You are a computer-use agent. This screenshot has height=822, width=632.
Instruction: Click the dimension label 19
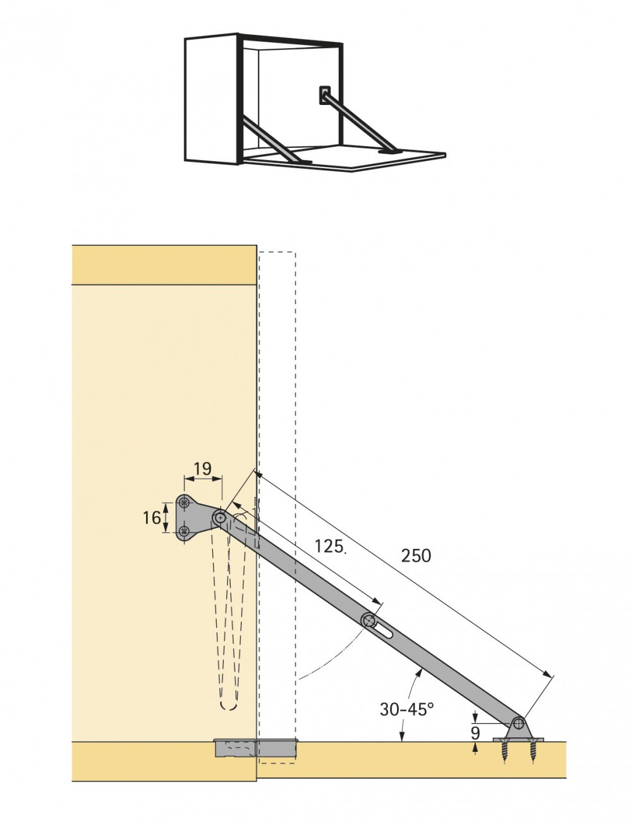click(x=202, y=469)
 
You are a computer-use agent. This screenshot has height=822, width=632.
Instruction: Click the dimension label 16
click(x=152, y=518)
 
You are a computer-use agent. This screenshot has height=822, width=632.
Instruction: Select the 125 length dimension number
click(x=329, y=546)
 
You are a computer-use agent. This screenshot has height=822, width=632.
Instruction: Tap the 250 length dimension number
click(x=416, y=556)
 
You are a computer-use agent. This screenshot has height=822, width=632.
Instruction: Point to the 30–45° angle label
click(x=406, y=709)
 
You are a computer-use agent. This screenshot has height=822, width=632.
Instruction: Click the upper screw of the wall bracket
click(x=185, y=503)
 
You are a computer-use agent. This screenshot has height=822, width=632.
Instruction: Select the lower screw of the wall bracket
click(x=185, y=531)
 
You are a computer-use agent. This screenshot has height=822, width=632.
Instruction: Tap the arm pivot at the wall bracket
click(x=220, y=518)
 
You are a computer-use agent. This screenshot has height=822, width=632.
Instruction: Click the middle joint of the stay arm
click(x=368, y=620)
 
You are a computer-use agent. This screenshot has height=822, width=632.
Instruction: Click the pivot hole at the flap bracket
click(x=518, y=722)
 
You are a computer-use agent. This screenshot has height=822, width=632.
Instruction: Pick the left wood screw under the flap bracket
click(x=506, y=751)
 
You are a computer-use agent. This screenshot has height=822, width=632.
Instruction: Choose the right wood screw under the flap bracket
click(x=530, y=751)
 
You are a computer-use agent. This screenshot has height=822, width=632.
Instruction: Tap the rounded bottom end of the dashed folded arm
click(x=229, y=704)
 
